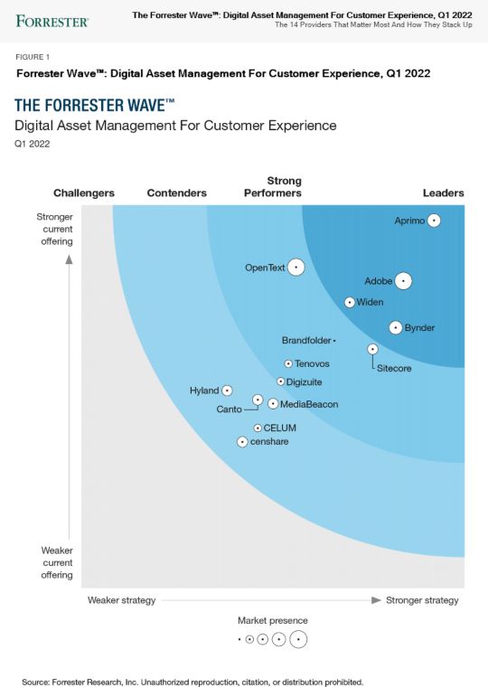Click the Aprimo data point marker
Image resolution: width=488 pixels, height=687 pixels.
434,221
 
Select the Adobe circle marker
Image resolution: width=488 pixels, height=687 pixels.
403,281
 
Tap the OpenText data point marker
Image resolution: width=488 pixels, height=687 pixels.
296,268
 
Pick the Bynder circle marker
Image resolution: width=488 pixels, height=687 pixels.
395,327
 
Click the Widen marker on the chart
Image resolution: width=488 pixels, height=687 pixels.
350,302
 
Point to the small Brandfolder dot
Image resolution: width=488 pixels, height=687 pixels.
334,341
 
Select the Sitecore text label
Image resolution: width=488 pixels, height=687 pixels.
394,369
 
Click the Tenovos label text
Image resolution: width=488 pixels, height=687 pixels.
312,363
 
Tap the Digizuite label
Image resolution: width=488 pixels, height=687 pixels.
305,382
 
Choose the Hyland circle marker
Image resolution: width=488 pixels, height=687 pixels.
227,391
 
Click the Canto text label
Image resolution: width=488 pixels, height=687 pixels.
229,409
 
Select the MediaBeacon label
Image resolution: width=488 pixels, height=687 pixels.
309,404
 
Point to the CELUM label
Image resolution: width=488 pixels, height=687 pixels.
279,428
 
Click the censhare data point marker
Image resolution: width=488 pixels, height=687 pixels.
242,442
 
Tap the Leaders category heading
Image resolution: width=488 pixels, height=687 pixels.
443,193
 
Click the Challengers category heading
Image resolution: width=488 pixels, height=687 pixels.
84,193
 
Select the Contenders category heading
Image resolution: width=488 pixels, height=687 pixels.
176,193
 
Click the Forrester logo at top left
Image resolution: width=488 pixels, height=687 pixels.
52,20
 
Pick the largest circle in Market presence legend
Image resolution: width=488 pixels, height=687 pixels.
297,640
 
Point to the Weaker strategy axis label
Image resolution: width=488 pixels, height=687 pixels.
121,600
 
